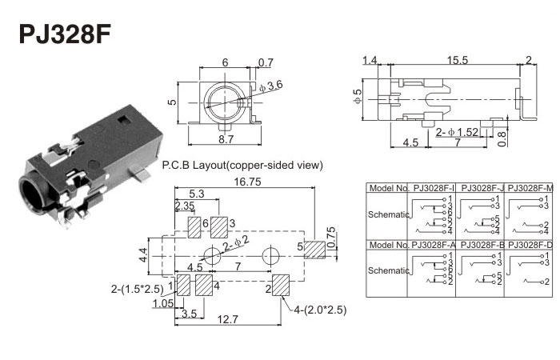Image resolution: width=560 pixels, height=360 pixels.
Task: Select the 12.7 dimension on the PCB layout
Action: (228, 320)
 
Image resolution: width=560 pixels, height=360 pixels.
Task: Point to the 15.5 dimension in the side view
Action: (458, 61)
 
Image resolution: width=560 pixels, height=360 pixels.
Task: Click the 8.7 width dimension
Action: (226, 139)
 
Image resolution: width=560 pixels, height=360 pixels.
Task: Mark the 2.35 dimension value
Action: (185, 206)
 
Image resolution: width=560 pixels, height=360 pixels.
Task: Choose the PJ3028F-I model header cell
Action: (434, 188)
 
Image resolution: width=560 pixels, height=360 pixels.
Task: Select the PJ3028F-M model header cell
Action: (530, 188)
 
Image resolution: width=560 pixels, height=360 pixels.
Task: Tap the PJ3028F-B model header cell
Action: (481, 244)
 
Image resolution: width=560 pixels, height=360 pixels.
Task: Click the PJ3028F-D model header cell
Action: (530, 244)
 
